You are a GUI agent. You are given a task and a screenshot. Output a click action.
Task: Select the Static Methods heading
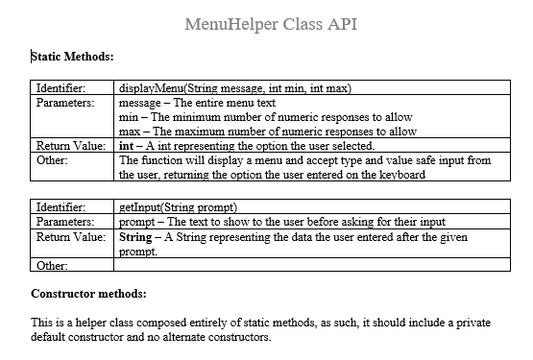point(73,58)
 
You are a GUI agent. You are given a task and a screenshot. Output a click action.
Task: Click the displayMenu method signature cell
point(234,88)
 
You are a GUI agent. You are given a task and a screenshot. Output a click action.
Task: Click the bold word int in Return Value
point(124,145)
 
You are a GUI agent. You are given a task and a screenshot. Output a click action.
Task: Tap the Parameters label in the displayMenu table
point(63,102)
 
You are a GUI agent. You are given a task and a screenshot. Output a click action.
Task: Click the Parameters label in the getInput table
point(63,221)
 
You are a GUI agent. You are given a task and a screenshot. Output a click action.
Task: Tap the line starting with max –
point(266,131)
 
